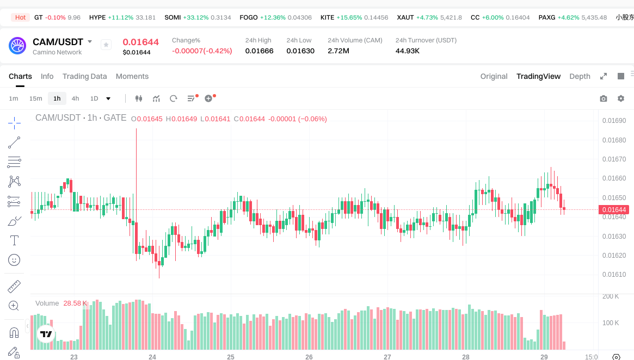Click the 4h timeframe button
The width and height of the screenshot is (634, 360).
pyautogui.click(x=75, y=98)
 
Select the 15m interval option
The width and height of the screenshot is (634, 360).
pyautogui.click(x=35, y=98)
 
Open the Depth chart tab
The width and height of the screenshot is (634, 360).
pyautogui.click(x=580, y=76)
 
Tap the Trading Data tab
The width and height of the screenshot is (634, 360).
pyautogui.click(x=84, y=76)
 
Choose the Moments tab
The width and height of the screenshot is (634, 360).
pyautogui.click(x=132, y=76)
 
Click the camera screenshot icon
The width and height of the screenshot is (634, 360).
pyautogui.click(x=603, y=98)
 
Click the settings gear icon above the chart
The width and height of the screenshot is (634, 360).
pyautogui.click(x=621, y=98)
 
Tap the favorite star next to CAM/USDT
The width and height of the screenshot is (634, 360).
pyautogui.click(x=106, y=45)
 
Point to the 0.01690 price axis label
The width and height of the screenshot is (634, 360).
pyautogui.click(x=614, y=121)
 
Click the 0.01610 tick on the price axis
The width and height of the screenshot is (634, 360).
pyautogui.click(x=614, y=275)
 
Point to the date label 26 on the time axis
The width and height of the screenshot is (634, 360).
pyautogui.click(x=309, y=357)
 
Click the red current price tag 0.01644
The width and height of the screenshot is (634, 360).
pyautogui.click(x=614, y=210)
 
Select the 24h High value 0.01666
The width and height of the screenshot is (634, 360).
pyautogui.click(x=259, y=51)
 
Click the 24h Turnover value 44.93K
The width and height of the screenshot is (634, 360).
pyautogui.click(x=408, y=51)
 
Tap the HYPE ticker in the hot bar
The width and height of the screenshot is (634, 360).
pyautogui.click(x=97, y=17)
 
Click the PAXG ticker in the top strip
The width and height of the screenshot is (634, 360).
pyautogui.click(x=547, y=17)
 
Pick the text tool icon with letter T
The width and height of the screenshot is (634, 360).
pyautogui.click(x=14, y=240)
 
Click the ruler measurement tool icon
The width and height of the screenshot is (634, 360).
pyautogui.click(x=14, y=286)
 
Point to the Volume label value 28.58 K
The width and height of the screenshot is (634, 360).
pyautogui.click(x=75, y=303)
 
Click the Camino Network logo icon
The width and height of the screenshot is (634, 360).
pyautogui.click(x=17, y=46)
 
